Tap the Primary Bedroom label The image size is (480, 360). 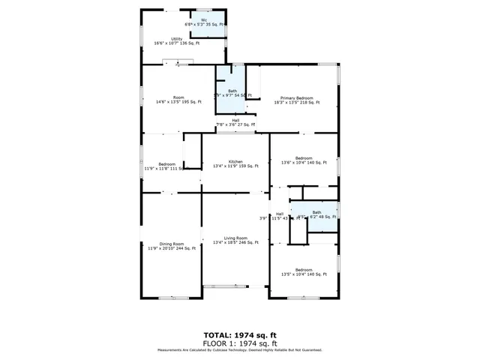297,98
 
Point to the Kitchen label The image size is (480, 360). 235,161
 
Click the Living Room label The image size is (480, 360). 235,238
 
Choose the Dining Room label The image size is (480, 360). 172,244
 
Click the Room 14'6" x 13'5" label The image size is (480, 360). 178,97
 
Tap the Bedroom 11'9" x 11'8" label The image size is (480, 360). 166,163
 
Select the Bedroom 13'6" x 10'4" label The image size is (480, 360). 304,158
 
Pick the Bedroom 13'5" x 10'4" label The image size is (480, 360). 304,270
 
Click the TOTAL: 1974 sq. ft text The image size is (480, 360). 239,335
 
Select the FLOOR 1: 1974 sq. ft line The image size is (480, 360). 239,342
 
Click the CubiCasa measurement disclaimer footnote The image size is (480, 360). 239,349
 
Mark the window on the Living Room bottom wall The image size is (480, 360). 223,286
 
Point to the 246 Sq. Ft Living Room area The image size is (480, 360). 248,243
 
